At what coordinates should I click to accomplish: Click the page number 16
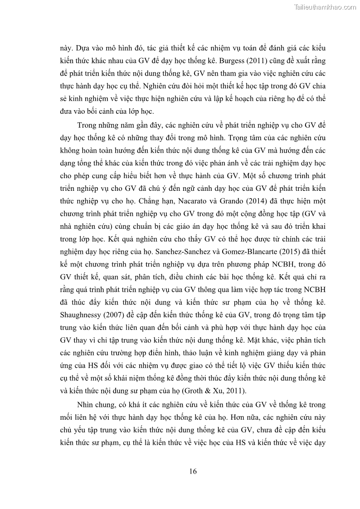pyautogui.click(x=193, y=471)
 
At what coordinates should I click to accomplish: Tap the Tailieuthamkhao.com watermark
pyautogui.click(x=325, y=7)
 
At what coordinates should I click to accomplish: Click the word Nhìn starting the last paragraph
pyautogui.click(x=86, y=405)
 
